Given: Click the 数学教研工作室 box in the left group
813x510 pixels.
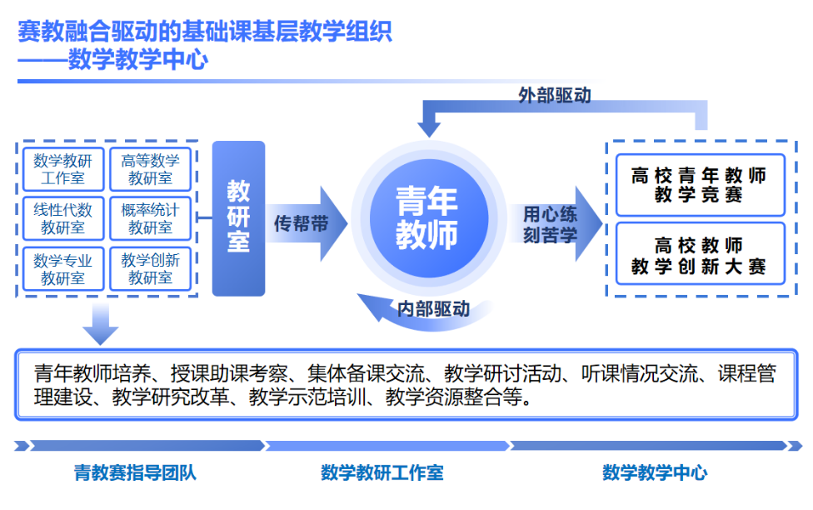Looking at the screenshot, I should tap(62, 169).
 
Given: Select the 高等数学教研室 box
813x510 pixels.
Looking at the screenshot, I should tap(150, 169).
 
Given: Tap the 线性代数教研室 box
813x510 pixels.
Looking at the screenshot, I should tap(62, 217).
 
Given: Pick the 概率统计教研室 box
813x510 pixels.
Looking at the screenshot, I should tap(150, 217).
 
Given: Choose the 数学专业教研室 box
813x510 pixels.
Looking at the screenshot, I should tap(62, 269).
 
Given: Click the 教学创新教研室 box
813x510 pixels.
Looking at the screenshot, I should tap(150, 269).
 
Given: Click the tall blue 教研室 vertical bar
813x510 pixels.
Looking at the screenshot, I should tap(238, 218).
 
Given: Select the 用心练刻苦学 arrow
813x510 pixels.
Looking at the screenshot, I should tap(554, 224).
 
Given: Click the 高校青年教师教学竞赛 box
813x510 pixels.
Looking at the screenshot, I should tap(699, 185).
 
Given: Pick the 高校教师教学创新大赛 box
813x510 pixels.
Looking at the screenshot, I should tap(699, 256).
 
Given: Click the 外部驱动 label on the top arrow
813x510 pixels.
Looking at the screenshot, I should tap(554, 96).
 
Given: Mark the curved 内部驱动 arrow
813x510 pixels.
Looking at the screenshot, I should tap(429, 309).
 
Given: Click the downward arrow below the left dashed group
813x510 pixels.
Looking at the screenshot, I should tap(101, 323).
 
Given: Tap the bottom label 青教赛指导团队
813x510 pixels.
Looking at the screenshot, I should tap(135, 473).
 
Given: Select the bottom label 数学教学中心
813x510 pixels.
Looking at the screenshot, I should tap(655, 473).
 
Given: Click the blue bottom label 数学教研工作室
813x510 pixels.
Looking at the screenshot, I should tap(382, 473).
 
